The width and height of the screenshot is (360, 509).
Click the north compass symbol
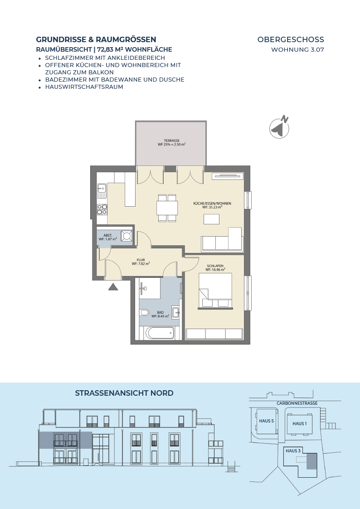coord(279,127)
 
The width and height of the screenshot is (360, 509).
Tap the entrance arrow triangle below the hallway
coord(113,286)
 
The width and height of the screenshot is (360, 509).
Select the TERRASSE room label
coord(172,141)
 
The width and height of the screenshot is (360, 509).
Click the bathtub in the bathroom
coord(160,333)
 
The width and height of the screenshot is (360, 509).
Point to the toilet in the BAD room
coord(144,313)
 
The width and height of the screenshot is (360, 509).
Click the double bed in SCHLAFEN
coord(215,290)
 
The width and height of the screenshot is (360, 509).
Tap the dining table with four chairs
coord(167,208)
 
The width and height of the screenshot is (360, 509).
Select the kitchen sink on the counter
coord(102,190)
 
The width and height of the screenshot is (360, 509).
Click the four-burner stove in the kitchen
coord(102,209)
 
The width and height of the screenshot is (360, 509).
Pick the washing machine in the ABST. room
coord(126,236)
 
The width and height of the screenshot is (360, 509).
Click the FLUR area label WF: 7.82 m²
coord(141,264)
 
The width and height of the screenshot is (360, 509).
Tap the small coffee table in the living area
coord(211,219)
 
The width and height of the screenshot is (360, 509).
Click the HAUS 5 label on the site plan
coord(267,421)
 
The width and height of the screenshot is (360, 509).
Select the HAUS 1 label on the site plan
coord(299,424)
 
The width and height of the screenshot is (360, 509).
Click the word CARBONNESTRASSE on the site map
coord(297,403)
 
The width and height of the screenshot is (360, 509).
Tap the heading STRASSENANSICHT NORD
coord(124,393)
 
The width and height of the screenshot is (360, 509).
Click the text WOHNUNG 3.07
coord(298,50)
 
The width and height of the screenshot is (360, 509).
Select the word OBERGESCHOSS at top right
coord(291,39)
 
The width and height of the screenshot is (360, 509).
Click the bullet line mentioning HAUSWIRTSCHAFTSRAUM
coord(84,87)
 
